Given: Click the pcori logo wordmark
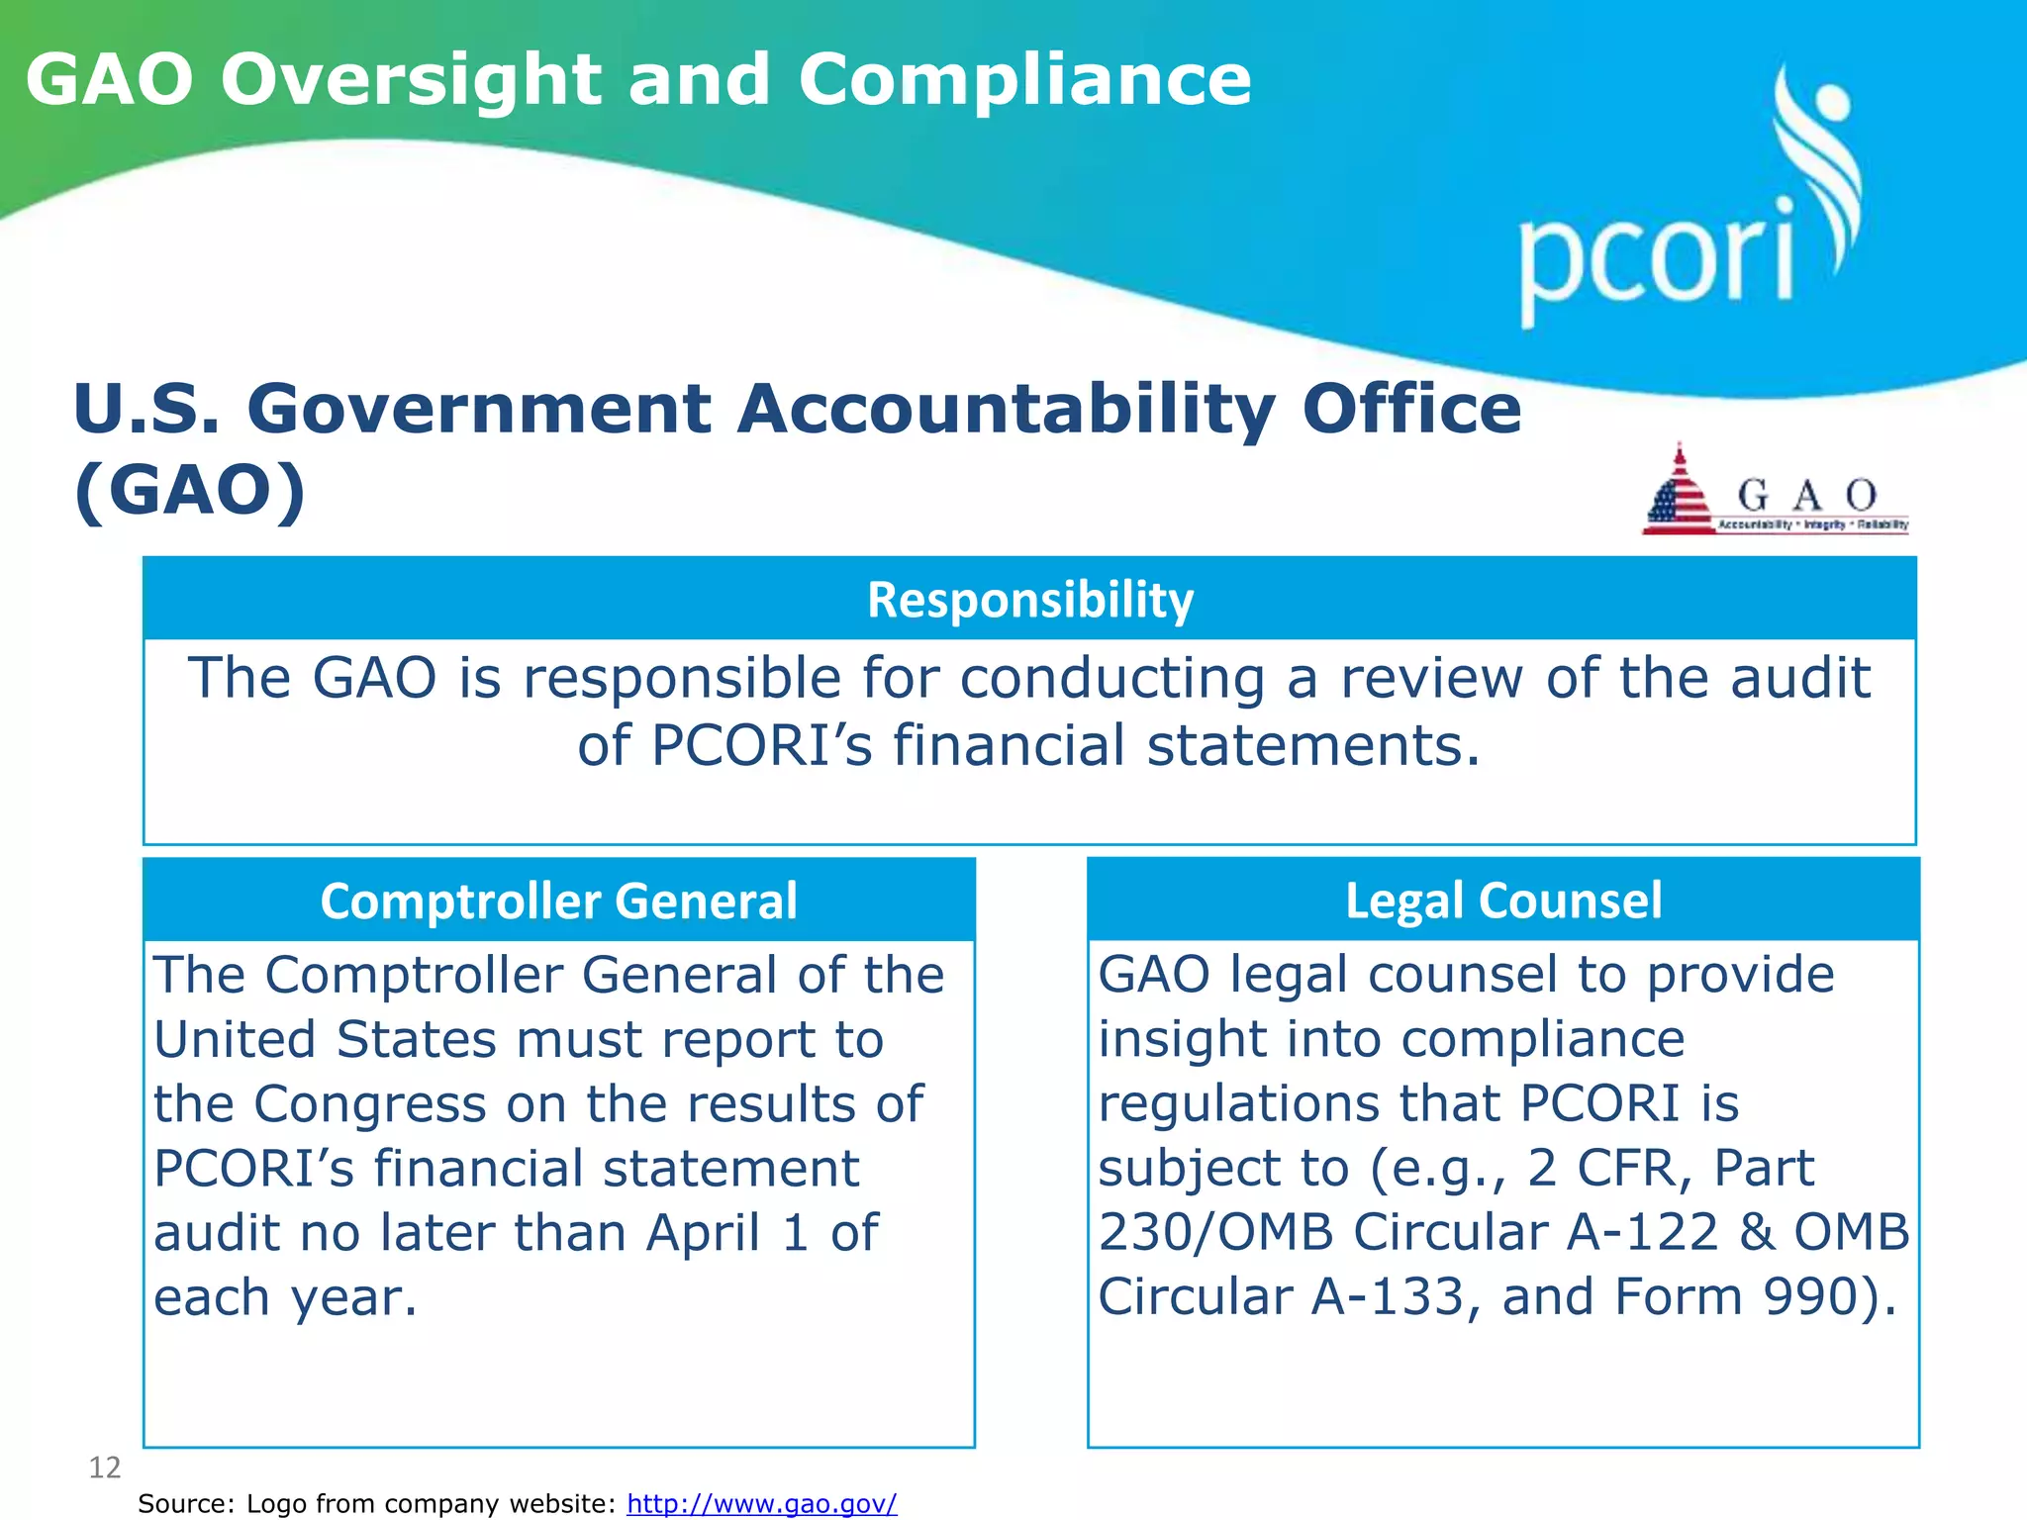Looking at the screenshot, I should [x=1655, y=259].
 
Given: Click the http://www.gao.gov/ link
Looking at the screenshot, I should [x=761, y=1503].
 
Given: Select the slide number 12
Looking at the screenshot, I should [x=105, y=1468].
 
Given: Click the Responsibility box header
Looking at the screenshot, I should [x=1029, y=600].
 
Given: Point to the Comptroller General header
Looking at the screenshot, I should [x=558, y=901].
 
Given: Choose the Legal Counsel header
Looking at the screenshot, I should [x=1502, y=901].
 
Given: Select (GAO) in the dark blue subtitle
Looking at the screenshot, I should [x=189, y=491].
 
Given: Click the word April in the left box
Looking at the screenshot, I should [x=703, y=1233].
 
